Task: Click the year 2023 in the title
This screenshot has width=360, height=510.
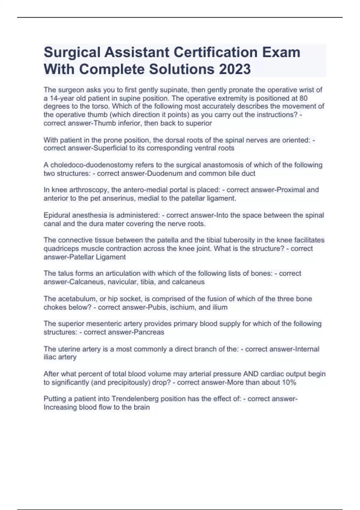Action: click(235, 69)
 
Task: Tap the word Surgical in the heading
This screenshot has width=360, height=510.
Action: click(72, 52)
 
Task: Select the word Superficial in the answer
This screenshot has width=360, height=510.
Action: click(110, 148)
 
